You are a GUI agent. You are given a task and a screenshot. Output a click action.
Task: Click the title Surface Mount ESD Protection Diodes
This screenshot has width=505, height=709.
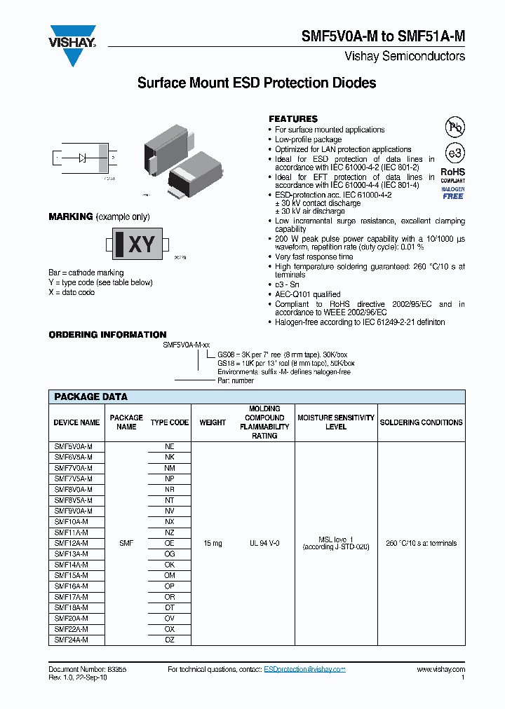pos(257,83)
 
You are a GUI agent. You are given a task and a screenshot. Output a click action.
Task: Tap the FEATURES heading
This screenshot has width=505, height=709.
pos(293,119)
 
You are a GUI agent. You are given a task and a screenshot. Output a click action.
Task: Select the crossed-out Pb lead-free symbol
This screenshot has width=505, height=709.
pos(454,126)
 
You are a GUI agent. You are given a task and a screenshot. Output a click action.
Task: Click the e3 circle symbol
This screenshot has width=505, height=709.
pos(454,153)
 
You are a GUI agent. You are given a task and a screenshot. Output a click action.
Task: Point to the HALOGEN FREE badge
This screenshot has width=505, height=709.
pos(452,193)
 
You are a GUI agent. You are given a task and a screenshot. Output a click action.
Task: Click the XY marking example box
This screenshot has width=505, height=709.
pos(140,245)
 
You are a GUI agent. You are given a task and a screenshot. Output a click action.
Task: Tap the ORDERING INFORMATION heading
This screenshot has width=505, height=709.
pos(107,335)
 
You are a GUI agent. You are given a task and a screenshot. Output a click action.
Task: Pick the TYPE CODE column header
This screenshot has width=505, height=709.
pos(170,422)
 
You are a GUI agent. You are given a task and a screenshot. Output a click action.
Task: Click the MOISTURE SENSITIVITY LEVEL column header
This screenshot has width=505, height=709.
pos(336,422)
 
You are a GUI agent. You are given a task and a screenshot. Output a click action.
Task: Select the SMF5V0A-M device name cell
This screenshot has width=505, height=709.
pos(74,446)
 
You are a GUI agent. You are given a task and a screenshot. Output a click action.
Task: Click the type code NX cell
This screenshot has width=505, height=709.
pos(170,522)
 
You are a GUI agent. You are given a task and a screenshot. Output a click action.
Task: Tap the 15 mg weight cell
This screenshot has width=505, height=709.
pos(213,543)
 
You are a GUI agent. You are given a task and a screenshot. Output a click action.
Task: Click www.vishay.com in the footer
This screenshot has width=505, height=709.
pos(440,670)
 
